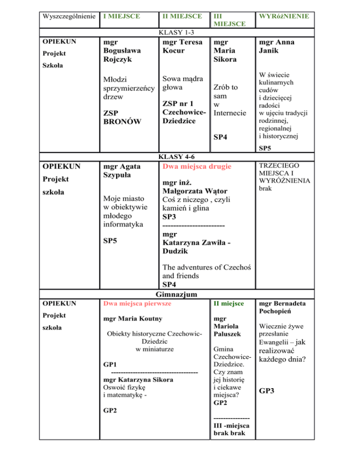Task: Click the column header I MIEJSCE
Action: click(121, 16)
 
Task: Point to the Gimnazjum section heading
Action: click(179, 294)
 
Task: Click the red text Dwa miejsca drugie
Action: click(196, 167)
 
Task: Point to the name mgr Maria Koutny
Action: click(133, 319)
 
